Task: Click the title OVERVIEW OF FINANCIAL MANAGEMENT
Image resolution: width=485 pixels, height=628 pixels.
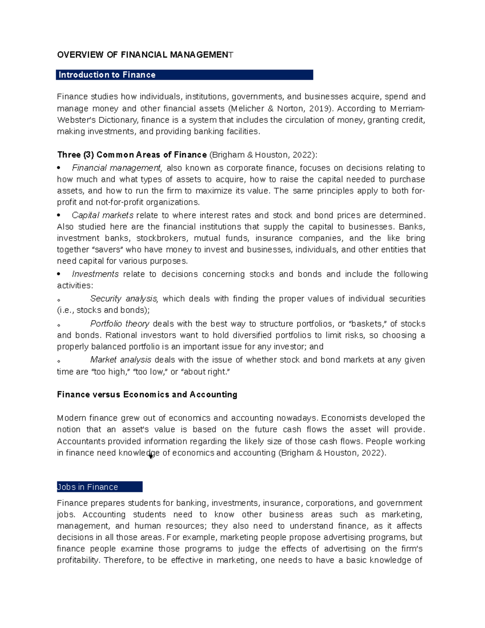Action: coord(145,55)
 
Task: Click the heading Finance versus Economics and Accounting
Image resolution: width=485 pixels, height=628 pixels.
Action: coord(147,395)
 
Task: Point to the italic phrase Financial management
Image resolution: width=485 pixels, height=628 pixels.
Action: coord(116,168)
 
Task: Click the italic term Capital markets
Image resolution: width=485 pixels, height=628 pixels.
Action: coord(102,215)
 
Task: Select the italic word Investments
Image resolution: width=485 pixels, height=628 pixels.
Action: coord(95,274)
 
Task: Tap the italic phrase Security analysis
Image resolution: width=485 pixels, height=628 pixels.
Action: coord(123,298)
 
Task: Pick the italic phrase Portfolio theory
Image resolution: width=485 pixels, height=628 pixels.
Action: coord(120,324)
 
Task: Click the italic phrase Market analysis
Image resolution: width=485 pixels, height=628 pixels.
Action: coord(120,359)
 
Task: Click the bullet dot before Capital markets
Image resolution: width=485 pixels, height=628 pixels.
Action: coord(59,215)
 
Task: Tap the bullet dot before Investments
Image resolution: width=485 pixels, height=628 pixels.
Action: coord(59,274)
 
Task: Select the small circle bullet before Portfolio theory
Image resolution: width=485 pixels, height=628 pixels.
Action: coord(59,325)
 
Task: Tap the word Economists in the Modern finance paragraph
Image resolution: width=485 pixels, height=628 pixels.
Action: coord(344,418)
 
